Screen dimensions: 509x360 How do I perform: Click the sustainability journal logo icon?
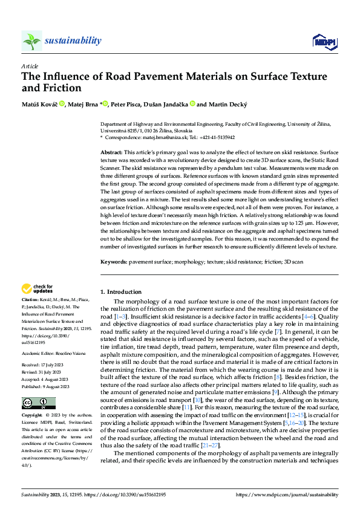[32, 41]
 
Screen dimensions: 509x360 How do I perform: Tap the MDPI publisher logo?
[323, 41]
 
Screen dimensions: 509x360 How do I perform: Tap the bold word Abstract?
[111, 153]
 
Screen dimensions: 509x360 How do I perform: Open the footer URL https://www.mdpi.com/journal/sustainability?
[289, 494]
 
